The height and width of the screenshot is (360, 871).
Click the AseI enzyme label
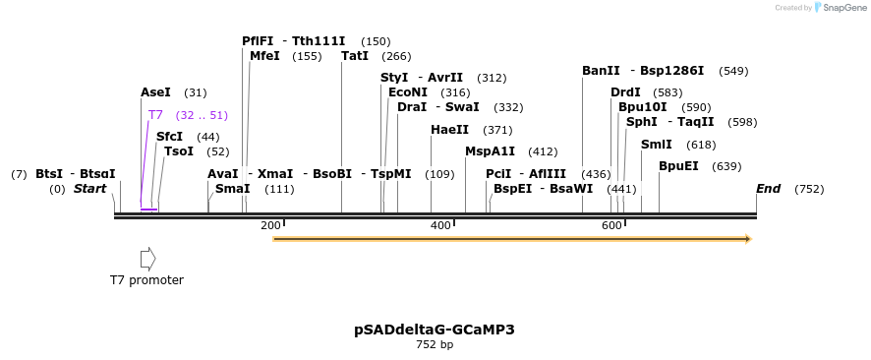[x=155, y=92]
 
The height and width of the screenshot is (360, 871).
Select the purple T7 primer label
[x=155, y=115]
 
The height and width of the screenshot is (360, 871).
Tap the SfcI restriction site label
[x=169, y=137]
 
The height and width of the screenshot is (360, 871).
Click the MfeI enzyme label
[x=264, y=56]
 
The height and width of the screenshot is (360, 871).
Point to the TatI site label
[x=355, y=56]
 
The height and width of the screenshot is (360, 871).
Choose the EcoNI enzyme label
[x=408, y=92]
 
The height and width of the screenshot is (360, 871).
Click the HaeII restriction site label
[x=449, y=130]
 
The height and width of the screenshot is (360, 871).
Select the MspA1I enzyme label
[x=490, y=151]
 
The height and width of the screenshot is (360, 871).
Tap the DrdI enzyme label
[x=625, y=92]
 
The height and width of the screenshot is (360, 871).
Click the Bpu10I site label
[x=643, y=107]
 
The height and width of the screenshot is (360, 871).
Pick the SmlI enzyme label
[x=656, y=145]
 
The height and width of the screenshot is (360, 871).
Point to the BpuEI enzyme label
[x=678, y=166]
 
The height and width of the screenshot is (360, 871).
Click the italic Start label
[x=89, y=189]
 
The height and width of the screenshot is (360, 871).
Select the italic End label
[x=768, y=189]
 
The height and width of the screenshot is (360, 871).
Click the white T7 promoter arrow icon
[x=147, y=259]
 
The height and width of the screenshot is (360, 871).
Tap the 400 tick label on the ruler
[x=440, y=226]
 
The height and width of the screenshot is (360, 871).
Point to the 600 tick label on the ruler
[x=610, y=226]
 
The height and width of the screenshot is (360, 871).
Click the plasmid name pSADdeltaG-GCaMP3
[x=435, y=330]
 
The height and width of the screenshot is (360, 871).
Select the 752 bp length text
[x=435, y=345]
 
